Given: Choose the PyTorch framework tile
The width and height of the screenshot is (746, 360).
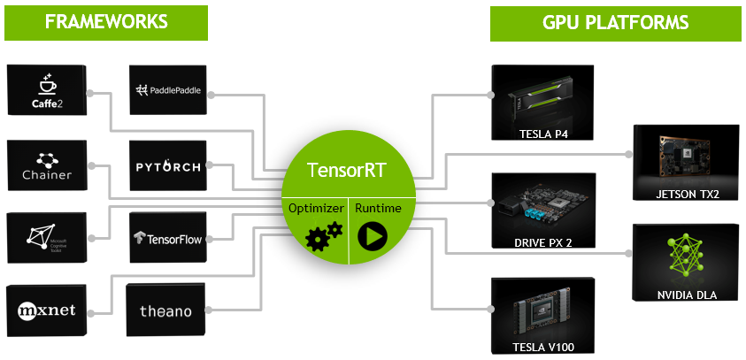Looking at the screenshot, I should coord(168,165).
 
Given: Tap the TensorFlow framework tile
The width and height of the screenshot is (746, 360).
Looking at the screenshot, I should coord(168,237).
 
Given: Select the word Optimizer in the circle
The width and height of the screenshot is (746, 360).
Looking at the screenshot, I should coord(314,209).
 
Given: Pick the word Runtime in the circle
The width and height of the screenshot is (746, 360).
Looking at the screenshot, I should coord(378,209).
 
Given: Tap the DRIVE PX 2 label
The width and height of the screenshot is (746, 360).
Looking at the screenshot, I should coord(543,241).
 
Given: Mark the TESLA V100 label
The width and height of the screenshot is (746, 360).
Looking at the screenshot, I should coord(542,347).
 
